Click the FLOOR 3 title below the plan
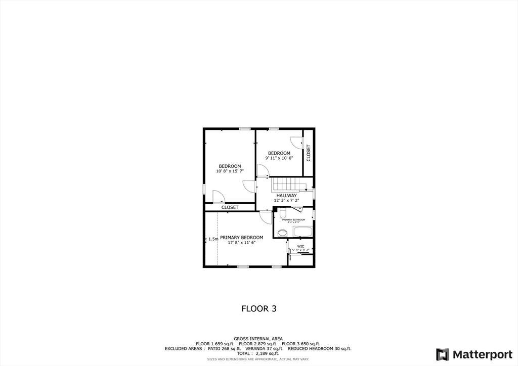[258, 308]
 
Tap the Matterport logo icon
[442, 354]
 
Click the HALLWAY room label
[286, 196]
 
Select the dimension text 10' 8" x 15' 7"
[230, 171]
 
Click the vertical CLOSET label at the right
[308, 153]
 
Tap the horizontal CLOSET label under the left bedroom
[230, 207]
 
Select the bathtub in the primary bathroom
[302, 232]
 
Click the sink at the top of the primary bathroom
[283, 212]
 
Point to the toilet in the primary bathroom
[282, 233]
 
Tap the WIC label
[300, 247]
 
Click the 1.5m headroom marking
[213, 239]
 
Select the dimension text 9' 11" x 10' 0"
[279, 158]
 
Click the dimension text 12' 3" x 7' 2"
[286, 201]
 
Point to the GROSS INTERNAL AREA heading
[258, 338]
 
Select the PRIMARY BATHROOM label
[293, 220]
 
